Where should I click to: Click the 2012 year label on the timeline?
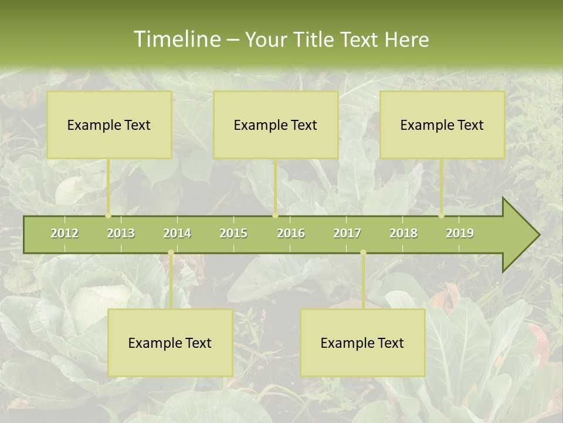[x=65, y=233]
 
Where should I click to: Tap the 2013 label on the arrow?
[x=121, y=233]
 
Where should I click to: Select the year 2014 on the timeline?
[x=177, y=233]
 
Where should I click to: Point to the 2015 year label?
[x=233, y=233]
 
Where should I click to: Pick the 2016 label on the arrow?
[x=291, y=233]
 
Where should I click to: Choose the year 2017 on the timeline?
[x=347, y=233]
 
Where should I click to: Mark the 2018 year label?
[x=403, y=233]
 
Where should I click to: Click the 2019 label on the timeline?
[x=460, y=233]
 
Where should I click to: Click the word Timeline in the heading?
[x=176, y=39]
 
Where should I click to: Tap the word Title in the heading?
[x=314, y=40]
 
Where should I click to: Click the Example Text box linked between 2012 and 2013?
[x=109, y=125]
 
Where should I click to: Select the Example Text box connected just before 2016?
[x=276, y=125]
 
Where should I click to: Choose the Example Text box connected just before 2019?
[x=442, y=125]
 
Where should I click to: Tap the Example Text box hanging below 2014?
[x=170, y=343]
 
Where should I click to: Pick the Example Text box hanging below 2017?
[x=362, y=343]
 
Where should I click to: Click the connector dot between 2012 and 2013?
[x=108, y=216]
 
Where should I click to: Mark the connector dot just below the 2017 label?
[x=363, y=253]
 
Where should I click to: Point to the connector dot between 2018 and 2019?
[x=442, y=216]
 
